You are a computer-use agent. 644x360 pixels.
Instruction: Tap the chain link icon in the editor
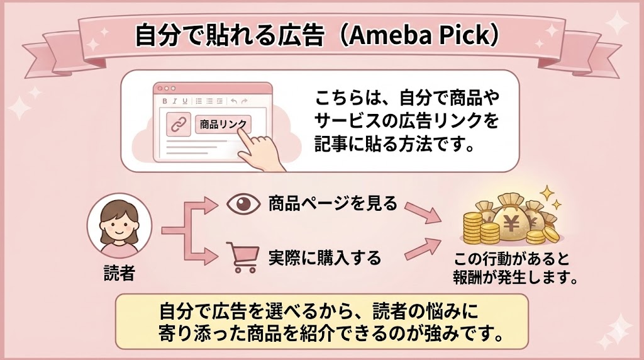(179, 124)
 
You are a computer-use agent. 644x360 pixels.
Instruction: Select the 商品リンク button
(223, 124)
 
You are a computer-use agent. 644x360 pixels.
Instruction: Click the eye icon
(241, 205)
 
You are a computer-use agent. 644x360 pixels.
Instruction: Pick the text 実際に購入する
(325, 257)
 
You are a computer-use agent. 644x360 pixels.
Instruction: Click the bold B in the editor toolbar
(165, 101)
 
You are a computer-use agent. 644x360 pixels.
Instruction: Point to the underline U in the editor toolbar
(185, 101)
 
